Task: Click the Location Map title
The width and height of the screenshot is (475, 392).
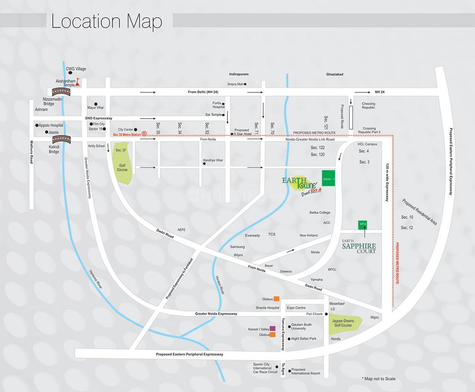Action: [x=106, y=21]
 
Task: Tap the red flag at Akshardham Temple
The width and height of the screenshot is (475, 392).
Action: [x=78, y=82]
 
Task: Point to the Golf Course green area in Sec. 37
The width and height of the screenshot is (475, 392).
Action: [x=123, y=165]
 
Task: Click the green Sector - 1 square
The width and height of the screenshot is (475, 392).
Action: [x=329, y=179]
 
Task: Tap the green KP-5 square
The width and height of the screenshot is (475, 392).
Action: [x=362, y=224]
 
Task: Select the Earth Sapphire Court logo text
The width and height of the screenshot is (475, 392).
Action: [x=359, y=246]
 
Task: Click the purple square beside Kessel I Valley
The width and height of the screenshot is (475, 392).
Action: [x=272, y=328]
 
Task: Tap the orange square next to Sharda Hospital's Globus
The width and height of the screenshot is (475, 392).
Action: [x=276, y=299]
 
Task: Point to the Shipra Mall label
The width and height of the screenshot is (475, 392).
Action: [x=235, y=84]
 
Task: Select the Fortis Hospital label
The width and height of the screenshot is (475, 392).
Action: [x=219, y=105]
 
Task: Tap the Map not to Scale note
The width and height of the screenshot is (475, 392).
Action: [x=378, y=378]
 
